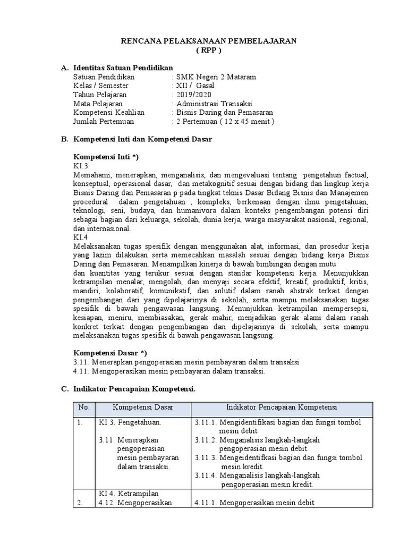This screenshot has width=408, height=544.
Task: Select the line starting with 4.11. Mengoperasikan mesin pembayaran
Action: pyautogui.click(x=169, y=371)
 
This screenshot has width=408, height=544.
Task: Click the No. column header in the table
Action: pyautogui.click(x=83, y=407)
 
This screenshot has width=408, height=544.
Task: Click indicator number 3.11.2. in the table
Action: pyautogui.click(x=205, y=440)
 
